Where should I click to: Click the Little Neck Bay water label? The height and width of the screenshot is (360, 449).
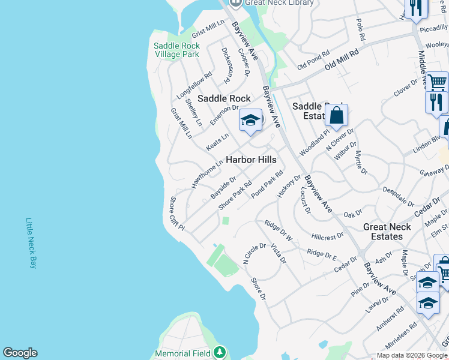click(31, 242)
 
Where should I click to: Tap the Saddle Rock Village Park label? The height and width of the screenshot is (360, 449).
click(176, 50)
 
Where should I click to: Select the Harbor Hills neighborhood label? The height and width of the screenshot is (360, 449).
click(251, 160)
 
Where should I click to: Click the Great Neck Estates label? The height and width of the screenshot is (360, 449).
click(387, 232)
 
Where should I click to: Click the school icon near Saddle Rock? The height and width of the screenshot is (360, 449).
click(251, 121)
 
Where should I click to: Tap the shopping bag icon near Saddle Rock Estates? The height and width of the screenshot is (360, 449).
click(337, 115)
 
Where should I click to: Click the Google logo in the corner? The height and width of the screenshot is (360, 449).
click(20, 353)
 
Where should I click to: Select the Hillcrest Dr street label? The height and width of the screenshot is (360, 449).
click(328, 236)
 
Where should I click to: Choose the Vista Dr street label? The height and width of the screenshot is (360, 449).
click(279, 253)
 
